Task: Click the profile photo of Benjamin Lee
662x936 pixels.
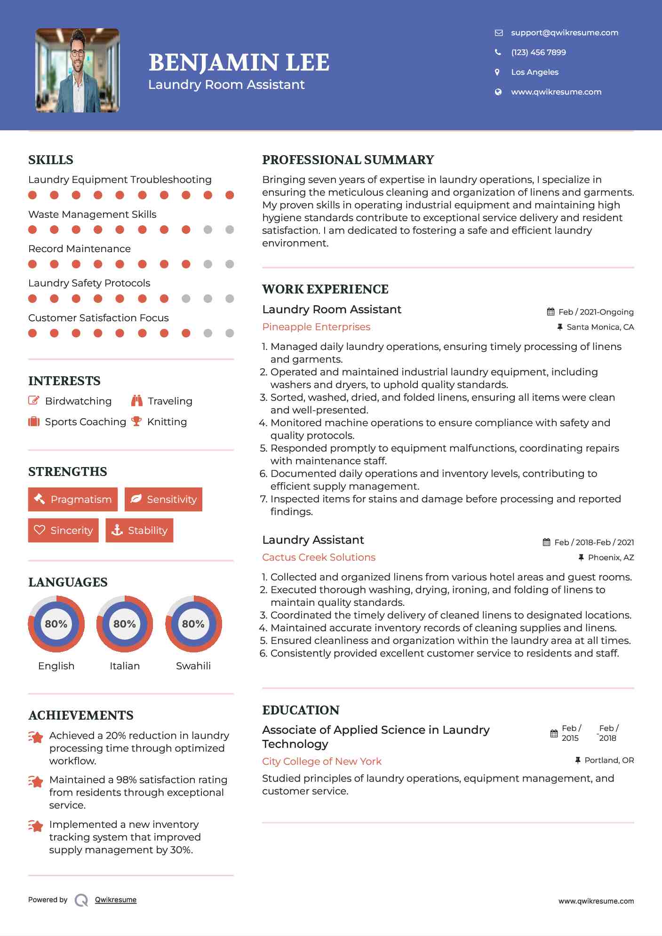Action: [x=78, y=71]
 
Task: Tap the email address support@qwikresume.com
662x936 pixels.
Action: [x=564, y=32]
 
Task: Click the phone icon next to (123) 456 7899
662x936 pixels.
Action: [x=498, y=52]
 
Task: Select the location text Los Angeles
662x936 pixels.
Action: [x=534, y=72]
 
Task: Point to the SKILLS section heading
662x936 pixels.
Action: [x=51, y=160]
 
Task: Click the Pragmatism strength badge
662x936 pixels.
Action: [x=73, y=500]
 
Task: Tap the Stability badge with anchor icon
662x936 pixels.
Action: [x=139, y=531]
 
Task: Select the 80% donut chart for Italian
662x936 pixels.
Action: [x=125, y=624]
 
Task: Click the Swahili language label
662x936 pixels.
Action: [x=193, y=666]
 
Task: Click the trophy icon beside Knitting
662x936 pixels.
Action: [x=136, y=421]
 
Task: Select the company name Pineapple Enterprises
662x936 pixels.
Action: [x=316, y=327]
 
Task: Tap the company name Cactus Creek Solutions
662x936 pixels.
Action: [x=319, y=557]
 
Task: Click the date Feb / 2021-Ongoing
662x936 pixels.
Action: [x=595, y=312]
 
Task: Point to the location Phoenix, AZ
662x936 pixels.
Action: [x=610, y=557]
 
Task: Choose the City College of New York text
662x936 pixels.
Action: [x=322, y=761]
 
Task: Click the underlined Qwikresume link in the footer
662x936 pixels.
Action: [x=116, y=900]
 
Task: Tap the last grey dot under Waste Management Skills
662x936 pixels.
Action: [x=230, y=230]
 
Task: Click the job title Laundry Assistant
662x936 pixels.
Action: [x=313, y=540]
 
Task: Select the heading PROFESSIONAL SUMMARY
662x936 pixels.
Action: [x=348, y=160]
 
